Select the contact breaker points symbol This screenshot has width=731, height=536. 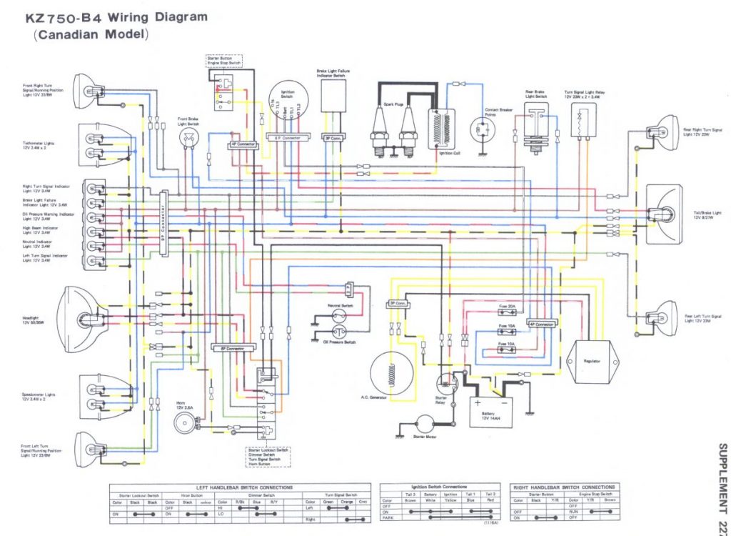pyautogui.click(x=485, y=132)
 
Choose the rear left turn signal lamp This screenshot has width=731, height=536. pyautogui.click(x=660, y=314)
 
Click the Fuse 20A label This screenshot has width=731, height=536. pyautogui.click(x=506, y=306)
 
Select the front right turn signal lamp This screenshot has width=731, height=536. pyautogui.click(x=93, y=94)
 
